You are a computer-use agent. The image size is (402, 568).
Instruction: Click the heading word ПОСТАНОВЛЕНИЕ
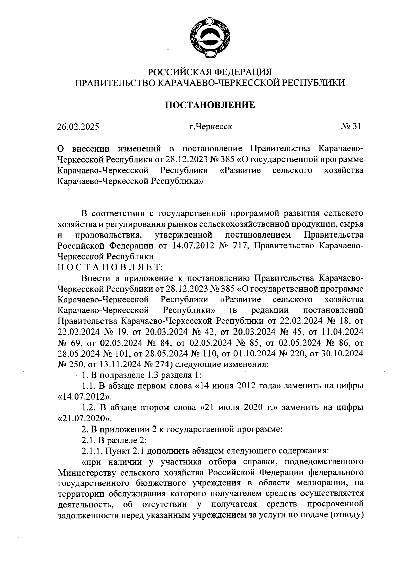(x=210, y=105)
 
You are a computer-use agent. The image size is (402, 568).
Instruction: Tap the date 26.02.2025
(x=78, y=127)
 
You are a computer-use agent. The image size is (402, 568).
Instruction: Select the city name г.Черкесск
(x=210, y=127)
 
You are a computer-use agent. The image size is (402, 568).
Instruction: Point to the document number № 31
(x=351, y=127)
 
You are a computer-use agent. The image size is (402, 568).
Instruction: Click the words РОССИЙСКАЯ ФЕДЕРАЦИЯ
(x=210, y=72)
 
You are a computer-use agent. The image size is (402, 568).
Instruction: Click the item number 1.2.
(x=89, y=408)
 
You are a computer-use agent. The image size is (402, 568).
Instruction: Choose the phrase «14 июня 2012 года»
(x=238, y=386)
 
